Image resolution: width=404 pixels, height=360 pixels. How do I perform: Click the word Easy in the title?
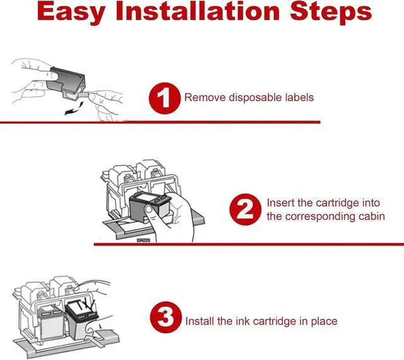click(x=71, y=12)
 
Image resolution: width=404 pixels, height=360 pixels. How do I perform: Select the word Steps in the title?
click(x=331, y=12)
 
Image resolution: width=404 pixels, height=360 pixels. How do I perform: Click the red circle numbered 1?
click(x=164, y=98)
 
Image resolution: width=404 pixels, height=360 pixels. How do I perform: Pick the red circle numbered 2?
click(x=245, y=209)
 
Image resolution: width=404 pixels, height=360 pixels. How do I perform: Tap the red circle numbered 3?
click(x=165, y=317)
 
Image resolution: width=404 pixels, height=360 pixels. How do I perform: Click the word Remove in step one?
click(x=205, y=97)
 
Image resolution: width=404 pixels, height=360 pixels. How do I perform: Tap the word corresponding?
click(x=324, y=217)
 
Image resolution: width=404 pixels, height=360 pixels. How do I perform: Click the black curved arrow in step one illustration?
click(x=74, y=109)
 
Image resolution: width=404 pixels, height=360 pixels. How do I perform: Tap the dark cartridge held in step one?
click(x=66, y=83)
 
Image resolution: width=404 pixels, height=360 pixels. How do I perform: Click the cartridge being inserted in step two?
click(x=150, y=207)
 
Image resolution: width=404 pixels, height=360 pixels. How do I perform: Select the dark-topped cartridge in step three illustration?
click(x=82, y=320)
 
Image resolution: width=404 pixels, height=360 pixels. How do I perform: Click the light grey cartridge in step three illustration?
click(x=50, y=322)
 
